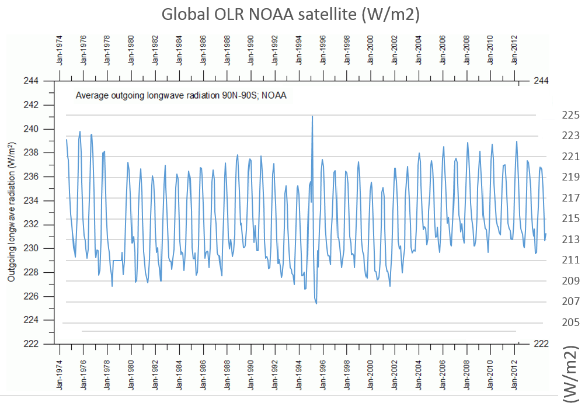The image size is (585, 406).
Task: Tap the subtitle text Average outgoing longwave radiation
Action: point(181,95)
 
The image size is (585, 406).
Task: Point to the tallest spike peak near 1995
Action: point(312,116)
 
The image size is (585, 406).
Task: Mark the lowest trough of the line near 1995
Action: point(316,303)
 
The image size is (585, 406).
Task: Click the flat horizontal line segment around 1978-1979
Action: point(117,260)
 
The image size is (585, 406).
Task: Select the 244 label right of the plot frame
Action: point(541,81)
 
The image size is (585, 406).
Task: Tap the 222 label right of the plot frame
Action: point(541,343)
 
